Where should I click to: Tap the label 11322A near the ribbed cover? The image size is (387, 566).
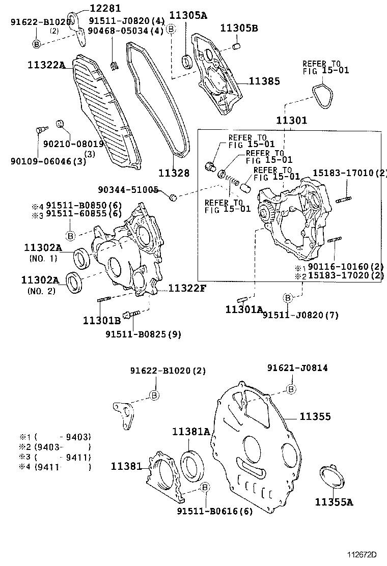click(x=47, y=65)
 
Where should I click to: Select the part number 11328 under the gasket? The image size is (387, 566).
click(x=173, y=173)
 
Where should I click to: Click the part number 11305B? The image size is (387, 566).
click(x=239, y=28)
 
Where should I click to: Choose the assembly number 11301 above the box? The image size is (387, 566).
click(x=292, y=121)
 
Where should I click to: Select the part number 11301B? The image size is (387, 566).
click(x=102, y=320)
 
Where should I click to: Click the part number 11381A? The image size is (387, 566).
click(x=190, y=432)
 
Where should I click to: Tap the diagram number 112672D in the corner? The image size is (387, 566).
click(x=362, y=554)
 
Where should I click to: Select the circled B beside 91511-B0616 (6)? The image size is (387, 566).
click(x=205, y=488)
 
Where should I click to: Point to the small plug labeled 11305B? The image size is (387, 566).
click(x=236, y=47)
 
